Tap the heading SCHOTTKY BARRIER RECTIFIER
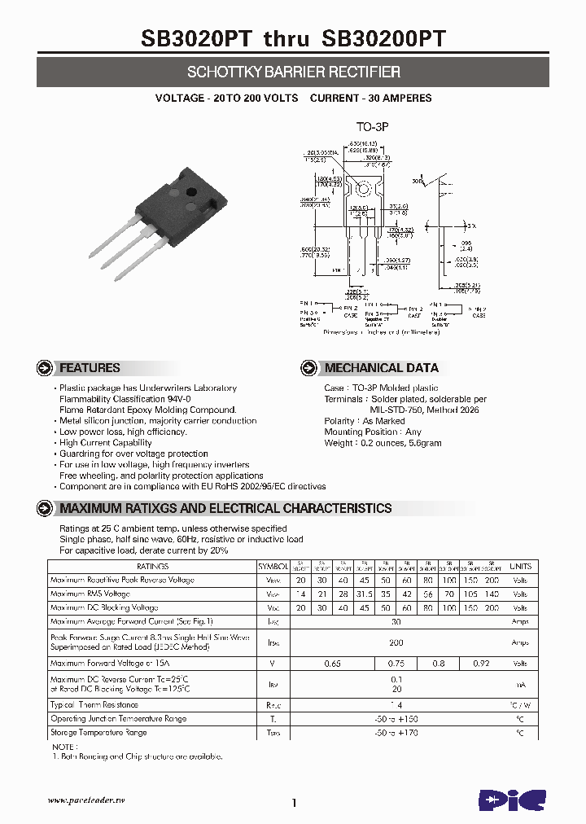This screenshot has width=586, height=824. coord(293,72)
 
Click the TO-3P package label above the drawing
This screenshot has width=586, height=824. coord(373,128)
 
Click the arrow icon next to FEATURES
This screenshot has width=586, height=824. coord(45,368)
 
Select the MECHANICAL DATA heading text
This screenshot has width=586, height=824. coord(381,368)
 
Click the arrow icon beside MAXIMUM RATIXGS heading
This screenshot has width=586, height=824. coord(45,508)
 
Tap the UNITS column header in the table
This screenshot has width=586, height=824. coord(520,566)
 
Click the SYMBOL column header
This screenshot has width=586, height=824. coord(273,566)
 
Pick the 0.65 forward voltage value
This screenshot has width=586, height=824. coord(332,664)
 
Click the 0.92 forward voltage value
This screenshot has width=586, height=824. coord(481,664)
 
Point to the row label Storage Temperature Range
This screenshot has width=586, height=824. coord(98,733)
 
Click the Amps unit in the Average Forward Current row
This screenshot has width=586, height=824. coord(520,621)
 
